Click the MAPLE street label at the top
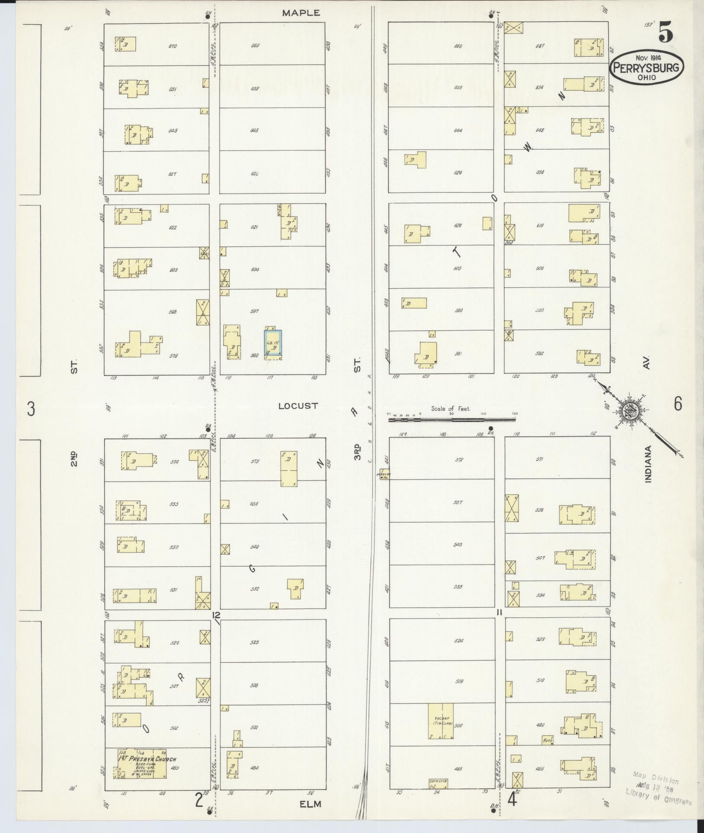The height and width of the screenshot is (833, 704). (301, 13)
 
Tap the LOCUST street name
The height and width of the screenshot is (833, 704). (298, 406)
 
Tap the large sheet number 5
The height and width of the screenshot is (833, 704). (666, 33)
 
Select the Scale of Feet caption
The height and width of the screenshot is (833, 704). (451, 409)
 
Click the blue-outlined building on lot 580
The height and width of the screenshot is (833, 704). (273, 344)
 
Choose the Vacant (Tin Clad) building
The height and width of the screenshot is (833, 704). (442, 721)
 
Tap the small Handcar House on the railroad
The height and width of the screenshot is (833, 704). (384, 474)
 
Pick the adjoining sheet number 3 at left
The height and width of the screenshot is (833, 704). (31, 409)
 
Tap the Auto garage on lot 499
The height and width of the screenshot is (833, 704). (548, 740)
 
